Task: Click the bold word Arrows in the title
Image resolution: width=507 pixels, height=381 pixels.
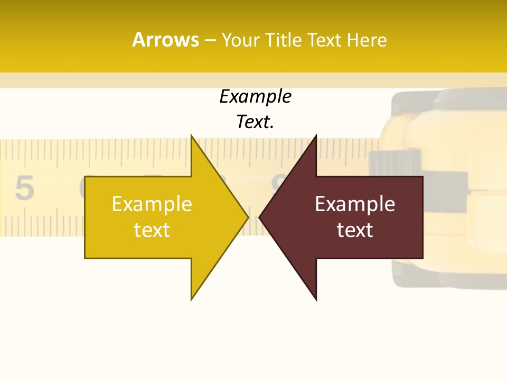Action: point(165,40)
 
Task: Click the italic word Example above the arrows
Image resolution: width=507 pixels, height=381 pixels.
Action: point(255,97)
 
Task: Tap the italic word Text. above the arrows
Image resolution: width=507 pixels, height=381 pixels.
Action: point(255,122)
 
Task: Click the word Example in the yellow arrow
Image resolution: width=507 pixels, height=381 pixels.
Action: point(152,204)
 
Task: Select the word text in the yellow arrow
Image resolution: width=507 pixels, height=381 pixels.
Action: point(152,230)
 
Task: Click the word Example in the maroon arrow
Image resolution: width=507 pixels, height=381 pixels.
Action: point(355,204)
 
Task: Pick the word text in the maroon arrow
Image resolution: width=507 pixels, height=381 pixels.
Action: point(355,230)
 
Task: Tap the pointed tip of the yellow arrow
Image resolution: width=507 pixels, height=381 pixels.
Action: point(247,217)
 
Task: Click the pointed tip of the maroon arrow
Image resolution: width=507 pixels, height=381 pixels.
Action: point(260,217)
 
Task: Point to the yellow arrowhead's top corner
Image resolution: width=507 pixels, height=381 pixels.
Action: point(192,136)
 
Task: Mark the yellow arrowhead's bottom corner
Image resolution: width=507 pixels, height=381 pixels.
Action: point(192,299)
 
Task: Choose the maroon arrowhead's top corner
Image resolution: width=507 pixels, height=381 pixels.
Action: point(316,136)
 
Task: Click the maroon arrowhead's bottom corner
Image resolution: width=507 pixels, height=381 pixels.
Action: point(316,299)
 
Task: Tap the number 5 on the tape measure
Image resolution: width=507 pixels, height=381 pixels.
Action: point(24,188)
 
